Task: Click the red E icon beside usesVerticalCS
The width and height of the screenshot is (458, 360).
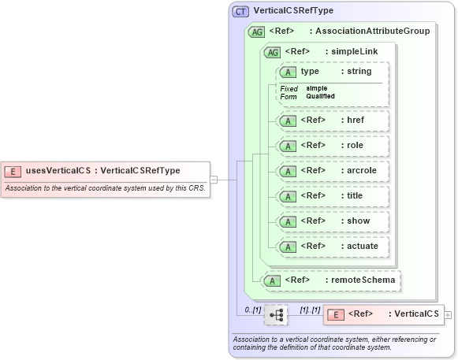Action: [x=13, y=171]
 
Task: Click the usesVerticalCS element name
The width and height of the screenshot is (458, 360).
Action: [x=58, y=171]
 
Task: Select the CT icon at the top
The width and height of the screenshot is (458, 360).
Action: [x=240, y=11]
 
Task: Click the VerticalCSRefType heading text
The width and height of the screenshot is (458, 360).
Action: [x=293, y=11]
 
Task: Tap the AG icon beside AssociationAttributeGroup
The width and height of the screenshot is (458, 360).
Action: [x=256, y=32]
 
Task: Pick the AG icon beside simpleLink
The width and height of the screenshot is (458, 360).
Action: [x=272, y=52]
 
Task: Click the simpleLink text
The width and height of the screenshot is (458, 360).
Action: [x=355, y=52]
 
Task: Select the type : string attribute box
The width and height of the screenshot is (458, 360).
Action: [x=331, y=71]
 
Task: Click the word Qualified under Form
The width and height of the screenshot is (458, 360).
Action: [x=321, y=96]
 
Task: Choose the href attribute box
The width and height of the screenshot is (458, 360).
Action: [x=331, y=121]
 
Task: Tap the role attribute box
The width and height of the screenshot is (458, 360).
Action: [x=331, y=146]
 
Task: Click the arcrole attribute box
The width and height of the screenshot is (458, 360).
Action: [x=331, y=171]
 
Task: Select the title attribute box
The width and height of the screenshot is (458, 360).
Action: [x=331, y=196]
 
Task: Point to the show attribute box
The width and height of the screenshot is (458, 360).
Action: [x=331, y=221]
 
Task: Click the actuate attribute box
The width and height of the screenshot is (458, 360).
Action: [x=331, y=247]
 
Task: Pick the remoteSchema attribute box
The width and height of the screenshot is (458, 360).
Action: [x=331, y=280]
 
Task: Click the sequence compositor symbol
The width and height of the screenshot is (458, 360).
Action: [x=276, y=314]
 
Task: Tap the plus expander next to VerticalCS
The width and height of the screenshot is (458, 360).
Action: [x=449, y=314]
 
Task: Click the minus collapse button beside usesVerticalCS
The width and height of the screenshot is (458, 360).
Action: [x=214, y=180]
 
